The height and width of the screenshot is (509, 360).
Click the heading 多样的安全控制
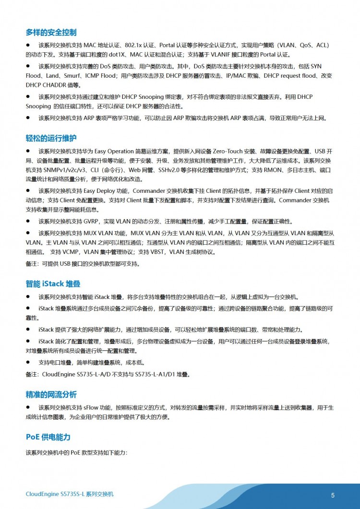[x=51, y=33]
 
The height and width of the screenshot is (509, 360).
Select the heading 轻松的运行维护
[x=51, y=138]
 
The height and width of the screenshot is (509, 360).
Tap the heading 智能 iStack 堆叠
[x=53, y=284]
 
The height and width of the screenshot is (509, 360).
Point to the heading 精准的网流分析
[x=51, y=394]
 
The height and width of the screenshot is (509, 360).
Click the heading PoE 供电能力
[x=48, y=437]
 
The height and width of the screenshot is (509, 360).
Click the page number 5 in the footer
[x=333, y=495]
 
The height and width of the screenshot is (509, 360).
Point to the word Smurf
[x=71, y=76]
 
